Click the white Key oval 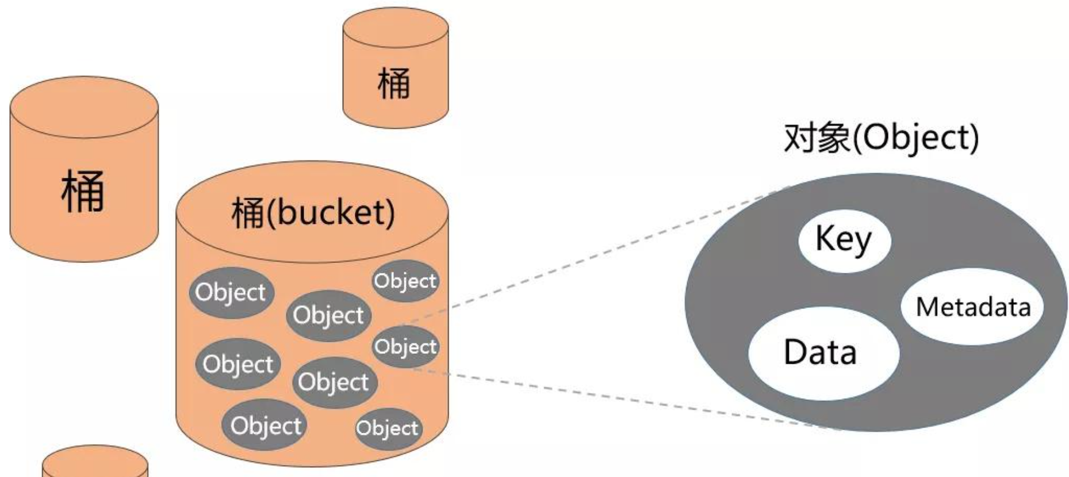click(844, 240)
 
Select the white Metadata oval click(972, 307)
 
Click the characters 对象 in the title click(817, 138)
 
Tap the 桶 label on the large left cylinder click(83, 192)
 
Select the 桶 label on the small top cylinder click(394, 83)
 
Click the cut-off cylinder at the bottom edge click(95, 463)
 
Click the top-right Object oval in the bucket click(405, 281)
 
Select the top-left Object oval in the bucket click(231, 292)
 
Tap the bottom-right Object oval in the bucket click(388, 428)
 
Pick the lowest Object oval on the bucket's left click(265, 425)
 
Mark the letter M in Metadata click(927, 307)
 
